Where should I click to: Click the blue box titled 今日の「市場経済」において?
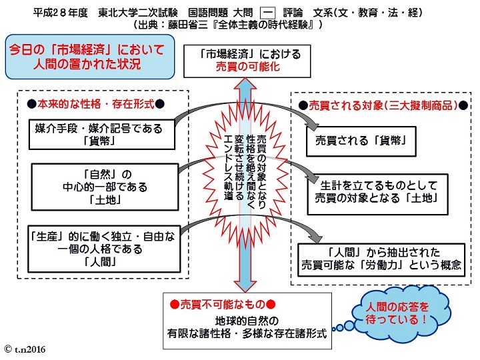click(90, 57)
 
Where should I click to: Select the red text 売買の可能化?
click(247, 67)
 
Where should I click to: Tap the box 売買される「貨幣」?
click(361, 141)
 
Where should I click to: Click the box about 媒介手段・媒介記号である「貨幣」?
click(102, 135)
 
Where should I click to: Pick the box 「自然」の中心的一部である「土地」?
click(105, 187)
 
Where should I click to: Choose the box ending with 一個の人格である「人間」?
click(104, 249)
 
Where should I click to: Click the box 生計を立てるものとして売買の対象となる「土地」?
click(377, 195)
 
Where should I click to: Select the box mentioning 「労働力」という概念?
click(381, 260)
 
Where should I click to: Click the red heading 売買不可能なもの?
click(223, 304)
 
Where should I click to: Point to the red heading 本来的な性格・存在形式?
click(96, 105)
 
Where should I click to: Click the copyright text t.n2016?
click(25, 349)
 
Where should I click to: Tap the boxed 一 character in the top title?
click(267, 13)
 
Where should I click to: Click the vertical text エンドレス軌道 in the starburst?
click(229, 168)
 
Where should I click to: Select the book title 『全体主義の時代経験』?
click(263, 25)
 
